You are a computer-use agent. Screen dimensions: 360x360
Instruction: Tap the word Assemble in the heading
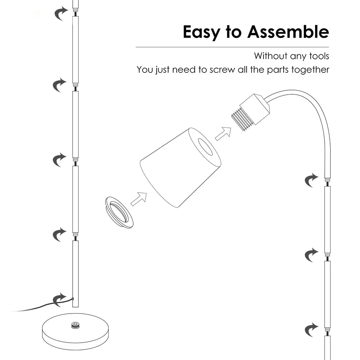click(288, 32)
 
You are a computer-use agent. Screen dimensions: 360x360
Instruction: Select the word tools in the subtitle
click(319, 56)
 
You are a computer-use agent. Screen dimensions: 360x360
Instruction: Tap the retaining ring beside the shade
click(119, 212)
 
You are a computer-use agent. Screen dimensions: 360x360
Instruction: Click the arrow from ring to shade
click(139, 199)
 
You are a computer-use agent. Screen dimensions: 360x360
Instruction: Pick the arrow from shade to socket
click(223, 134)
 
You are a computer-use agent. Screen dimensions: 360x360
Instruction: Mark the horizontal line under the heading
click(232, 47)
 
